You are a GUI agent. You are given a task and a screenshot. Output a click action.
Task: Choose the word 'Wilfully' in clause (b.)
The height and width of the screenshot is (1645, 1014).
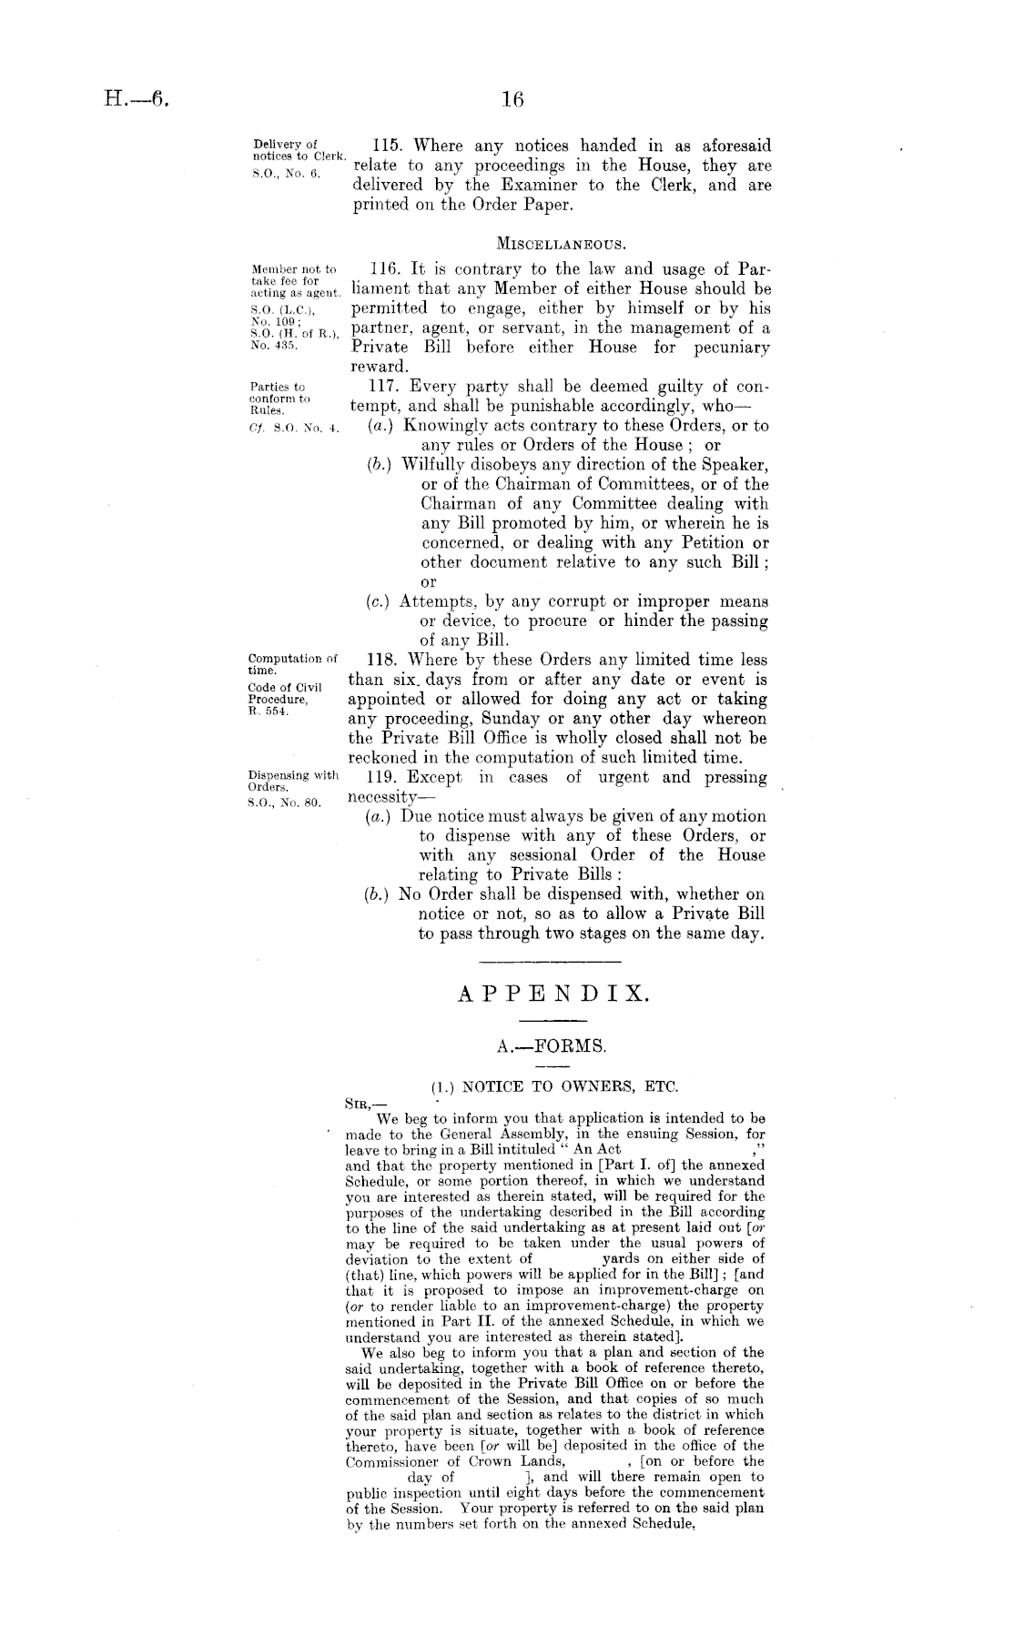432,464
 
